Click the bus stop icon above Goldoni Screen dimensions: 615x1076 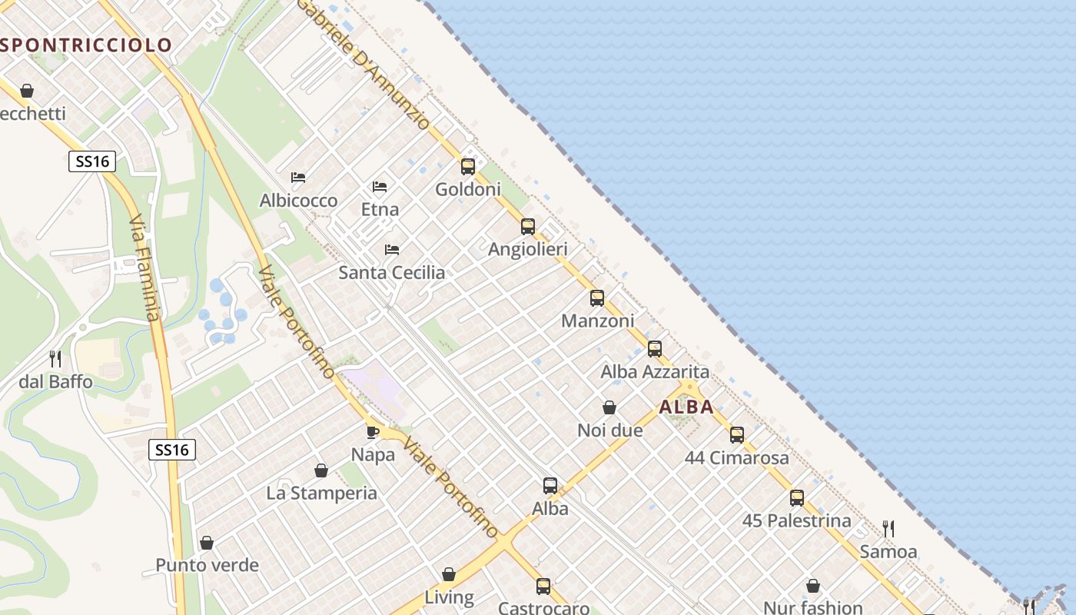(467, 166)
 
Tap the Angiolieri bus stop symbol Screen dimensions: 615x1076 (527, 226)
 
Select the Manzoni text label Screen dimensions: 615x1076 (598, 321)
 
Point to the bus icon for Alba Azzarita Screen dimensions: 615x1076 (654, 348)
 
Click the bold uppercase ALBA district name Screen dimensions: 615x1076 (686, 407)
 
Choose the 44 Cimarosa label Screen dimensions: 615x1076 (736, 458)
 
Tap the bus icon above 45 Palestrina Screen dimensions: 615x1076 (797, 497)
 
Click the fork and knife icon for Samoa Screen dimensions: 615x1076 (888, 529)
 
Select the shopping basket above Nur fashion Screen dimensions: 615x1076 (813, 586)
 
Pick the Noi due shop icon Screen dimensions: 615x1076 (609, 407)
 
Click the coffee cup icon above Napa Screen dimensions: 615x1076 (373, 432)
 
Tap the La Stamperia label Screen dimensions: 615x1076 (321, 493)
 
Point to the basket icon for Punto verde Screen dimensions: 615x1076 (207, 543)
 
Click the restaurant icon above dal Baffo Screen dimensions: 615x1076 (55, 358)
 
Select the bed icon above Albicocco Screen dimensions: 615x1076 (298, 178)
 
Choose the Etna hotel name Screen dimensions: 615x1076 (380, 209)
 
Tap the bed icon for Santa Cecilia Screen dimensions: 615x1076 (392, 250)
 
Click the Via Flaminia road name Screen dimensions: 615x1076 (144, 268)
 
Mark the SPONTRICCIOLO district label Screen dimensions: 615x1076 (86, 45)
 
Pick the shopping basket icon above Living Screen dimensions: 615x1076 (449, 574)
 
